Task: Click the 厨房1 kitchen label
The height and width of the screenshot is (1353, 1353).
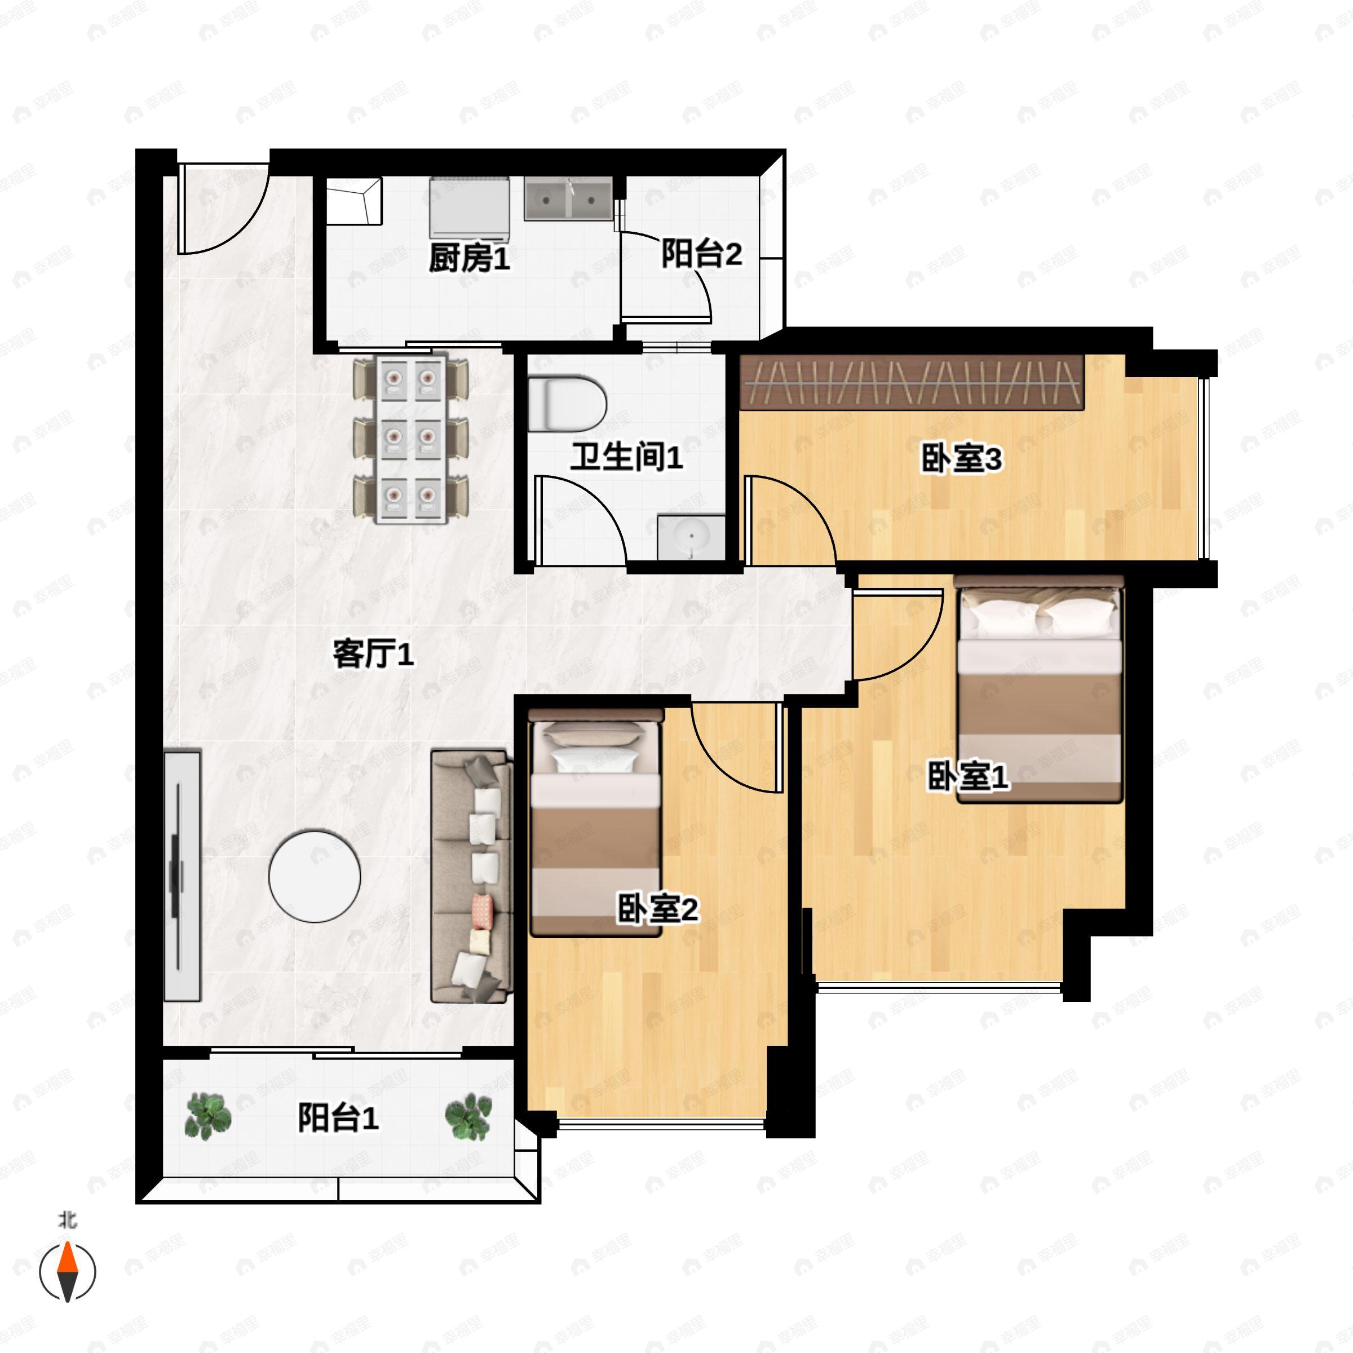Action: click(469, 258)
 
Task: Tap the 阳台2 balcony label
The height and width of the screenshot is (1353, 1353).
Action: click(701, 254)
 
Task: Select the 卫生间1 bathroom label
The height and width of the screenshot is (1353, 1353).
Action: click(626, 457)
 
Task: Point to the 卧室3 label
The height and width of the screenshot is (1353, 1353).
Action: click(961, 459)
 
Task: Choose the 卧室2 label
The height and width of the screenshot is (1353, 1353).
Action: click(657, 910)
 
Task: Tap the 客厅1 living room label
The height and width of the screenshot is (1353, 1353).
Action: click(373, 654)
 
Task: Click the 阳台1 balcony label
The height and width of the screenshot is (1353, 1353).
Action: click(338, 1118)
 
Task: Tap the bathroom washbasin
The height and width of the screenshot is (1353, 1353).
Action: click(691, 537)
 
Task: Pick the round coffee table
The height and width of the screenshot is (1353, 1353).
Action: click(315, 876)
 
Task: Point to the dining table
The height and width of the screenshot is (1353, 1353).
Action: click(411, 439)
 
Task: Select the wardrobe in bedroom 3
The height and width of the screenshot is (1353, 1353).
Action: click(912, 382)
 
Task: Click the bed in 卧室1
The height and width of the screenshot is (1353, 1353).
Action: click(1039, 690)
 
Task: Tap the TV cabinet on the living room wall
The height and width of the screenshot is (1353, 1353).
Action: click(182, 876)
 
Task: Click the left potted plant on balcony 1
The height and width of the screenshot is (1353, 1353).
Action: click(207, 1116)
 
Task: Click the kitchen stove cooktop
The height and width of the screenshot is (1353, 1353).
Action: click(469, 206)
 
